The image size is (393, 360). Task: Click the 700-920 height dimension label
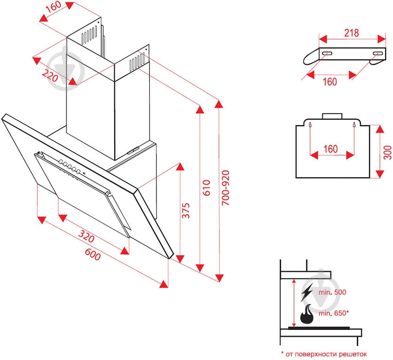click(x=226, y=188)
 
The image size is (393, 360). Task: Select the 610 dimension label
click(x=206, y=188)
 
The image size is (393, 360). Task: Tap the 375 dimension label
click(x=186, y=211)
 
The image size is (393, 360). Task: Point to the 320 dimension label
click(x=86, y=236)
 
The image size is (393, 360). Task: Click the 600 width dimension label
click(x=93, y=254)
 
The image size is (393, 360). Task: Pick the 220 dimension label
click(x=50, y=75)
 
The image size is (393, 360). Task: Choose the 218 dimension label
click(x=351, y=33)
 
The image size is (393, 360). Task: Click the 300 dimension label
click(x=387, y=152)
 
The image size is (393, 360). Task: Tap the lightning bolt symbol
click(x=307, y=292)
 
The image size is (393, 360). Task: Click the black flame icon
click(x=307, y=315)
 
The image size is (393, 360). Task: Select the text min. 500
click(x=332, y=292)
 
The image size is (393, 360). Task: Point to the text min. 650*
click(x=334, y=313)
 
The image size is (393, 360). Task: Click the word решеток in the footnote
click(x=353, y=354)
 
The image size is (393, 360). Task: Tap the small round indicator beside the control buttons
click(x=84, y=173)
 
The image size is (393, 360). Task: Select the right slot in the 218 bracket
click(x=377, y=54)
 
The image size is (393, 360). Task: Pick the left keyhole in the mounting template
click(x=310, y=125)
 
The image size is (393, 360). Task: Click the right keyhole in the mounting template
click(x=354, y=125)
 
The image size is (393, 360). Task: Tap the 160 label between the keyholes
click(x=330, y=149)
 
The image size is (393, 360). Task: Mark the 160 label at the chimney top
click(x=54, y=7)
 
